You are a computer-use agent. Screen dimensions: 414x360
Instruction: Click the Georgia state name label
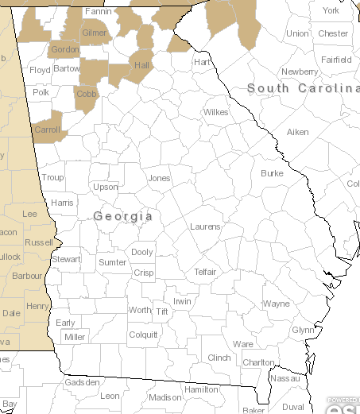coord(122,216)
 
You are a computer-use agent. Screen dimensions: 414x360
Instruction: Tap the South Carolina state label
coord(303,88)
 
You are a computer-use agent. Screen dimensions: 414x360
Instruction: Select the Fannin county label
coord(98,12)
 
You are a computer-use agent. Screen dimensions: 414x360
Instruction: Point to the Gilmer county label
coord(94,33)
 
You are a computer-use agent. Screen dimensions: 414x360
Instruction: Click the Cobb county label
coord(85,93)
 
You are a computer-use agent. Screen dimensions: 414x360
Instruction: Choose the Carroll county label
coord(47,130)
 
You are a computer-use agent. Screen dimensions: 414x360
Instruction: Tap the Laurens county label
coord(205,226)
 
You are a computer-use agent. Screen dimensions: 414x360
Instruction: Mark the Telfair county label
coord(205,272)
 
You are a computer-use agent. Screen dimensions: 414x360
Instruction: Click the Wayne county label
coord(277,304)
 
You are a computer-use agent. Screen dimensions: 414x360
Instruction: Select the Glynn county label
coord(303,330)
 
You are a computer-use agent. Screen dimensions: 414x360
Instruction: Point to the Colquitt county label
coord(143,335)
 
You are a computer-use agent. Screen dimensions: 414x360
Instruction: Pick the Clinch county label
coord(219,358)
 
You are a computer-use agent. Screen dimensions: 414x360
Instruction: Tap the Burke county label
coord(272,173)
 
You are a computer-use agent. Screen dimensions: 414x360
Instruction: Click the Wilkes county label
coord(215,112)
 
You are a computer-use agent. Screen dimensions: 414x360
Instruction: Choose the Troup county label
coord(52,178)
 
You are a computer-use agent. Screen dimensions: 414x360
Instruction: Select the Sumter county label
coord(112,262)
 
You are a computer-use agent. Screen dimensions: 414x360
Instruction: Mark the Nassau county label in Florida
coord(285,379)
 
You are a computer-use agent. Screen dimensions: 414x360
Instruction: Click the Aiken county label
coord(297,132)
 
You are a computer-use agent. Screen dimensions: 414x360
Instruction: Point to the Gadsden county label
coord(83,382)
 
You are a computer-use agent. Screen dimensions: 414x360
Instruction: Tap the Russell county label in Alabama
coord(39,242)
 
